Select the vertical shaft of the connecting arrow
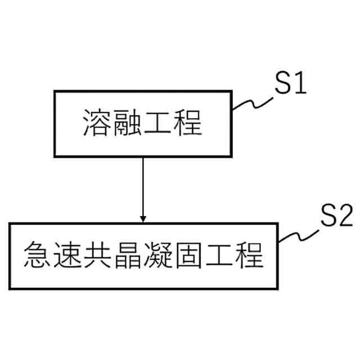[x=143, y=186]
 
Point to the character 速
[x=68, y=254]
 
